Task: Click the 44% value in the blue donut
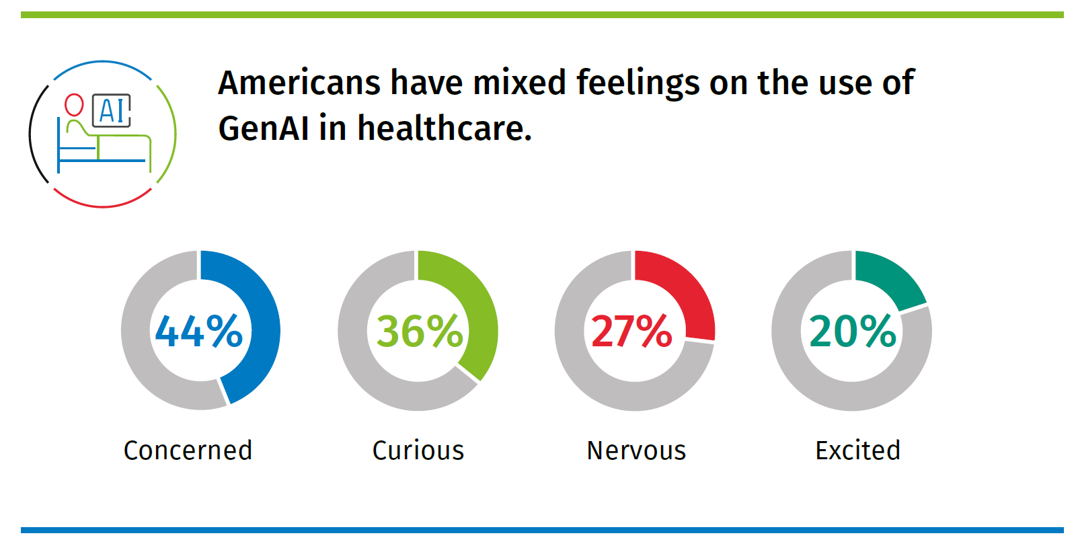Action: tap(198, 331)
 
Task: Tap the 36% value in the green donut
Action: tap(420, 331)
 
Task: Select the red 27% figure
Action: tap(631, 331)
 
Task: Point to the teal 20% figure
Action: tap(853, 331)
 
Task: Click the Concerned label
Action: tap(188, 451)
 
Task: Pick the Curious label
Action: tap(418, 451)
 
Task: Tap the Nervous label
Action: tap(636, 451)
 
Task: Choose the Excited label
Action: tap(857, 451)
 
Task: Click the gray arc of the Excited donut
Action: tap(807, 377)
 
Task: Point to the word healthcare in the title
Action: tap(444, 128)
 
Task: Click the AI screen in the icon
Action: tap(112, 111)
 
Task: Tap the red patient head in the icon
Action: tap(74, 104)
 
